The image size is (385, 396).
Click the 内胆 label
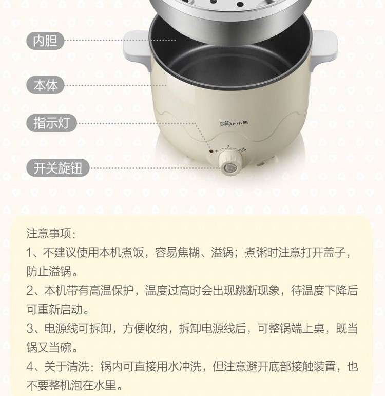46,41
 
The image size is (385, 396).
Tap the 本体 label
46,85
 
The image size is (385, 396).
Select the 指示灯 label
51,123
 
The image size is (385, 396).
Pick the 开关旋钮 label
58,167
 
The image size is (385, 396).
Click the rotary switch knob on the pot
229,162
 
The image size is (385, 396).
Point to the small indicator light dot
211,152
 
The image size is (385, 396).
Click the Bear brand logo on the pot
234,123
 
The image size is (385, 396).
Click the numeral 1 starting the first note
29,253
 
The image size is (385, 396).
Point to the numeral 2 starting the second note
30,290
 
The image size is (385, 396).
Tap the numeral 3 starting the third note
30,328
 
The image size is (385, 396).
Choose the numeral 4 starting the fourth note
30,366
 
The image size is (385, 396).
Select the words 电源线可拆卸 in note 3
78,328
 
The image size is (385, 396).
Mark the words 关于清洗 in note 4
67,366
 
